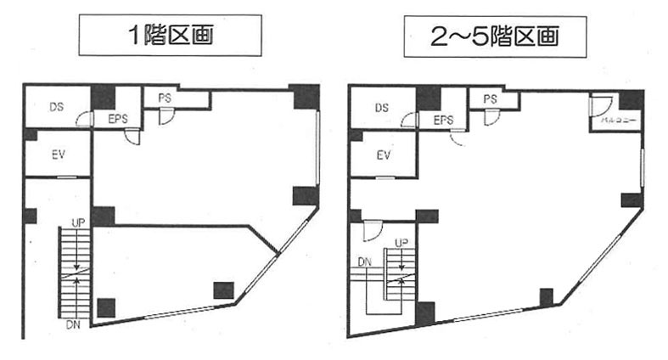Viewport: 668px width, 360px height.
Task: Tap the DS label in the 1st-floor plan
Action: (56, 108)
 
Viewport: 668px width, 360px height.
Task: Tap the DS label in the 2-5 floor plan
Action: (381, 108)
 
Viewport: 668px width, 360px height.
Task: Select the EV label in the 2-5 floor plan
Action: (384, 155)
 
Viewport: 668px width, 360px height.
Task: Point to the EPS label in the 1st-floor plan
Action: (117, 119)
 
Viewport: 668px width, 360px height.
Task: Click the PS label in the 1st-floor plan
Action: (164, 98)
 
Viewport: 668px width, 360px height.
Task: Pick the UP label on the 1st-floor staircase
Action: (77, 222)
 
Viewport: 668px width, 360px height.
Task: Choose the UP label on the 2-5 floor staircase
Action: (401, 243)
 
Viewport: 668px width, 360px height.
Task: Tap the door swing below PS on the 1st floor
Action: (166, 119)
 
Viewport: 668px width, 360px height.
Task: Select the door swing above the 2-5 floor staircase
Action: (369, 229)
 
